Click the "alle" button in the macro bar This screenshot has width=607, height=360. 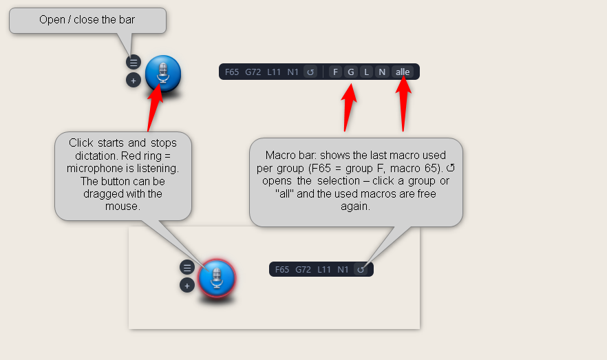403,72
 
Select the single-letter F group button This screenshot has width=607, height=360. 336,72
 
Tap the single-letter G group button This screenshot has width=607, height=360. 351,72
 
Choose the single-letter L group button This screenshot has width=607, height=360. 366,72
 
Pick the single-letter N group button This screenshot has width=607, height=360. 382,72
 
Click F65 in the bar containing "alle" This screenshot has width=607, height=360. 232,72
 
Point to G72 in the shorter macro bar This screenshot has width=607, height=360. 303,269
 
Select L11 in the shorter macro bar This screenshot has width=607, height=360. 324,269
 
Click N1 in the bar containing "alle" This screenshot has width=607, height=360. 292,72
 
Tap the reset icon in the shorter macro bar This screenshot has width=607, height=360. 361,269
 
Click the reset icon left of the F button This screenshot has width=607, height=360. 310,72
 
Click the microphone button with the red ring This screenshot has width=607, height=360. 217,278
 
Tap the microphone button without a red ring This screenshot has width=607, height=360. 163,74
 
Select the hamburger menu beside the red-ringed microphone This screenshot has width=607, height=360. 187,268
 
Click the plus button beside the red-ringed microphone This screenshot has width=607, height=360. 187,286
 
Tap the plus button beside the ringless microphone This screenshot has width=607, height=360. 134,81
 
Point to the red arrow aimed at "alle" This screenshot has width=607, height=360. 403,104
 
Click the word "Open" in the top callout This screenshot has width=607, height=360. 52,20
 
